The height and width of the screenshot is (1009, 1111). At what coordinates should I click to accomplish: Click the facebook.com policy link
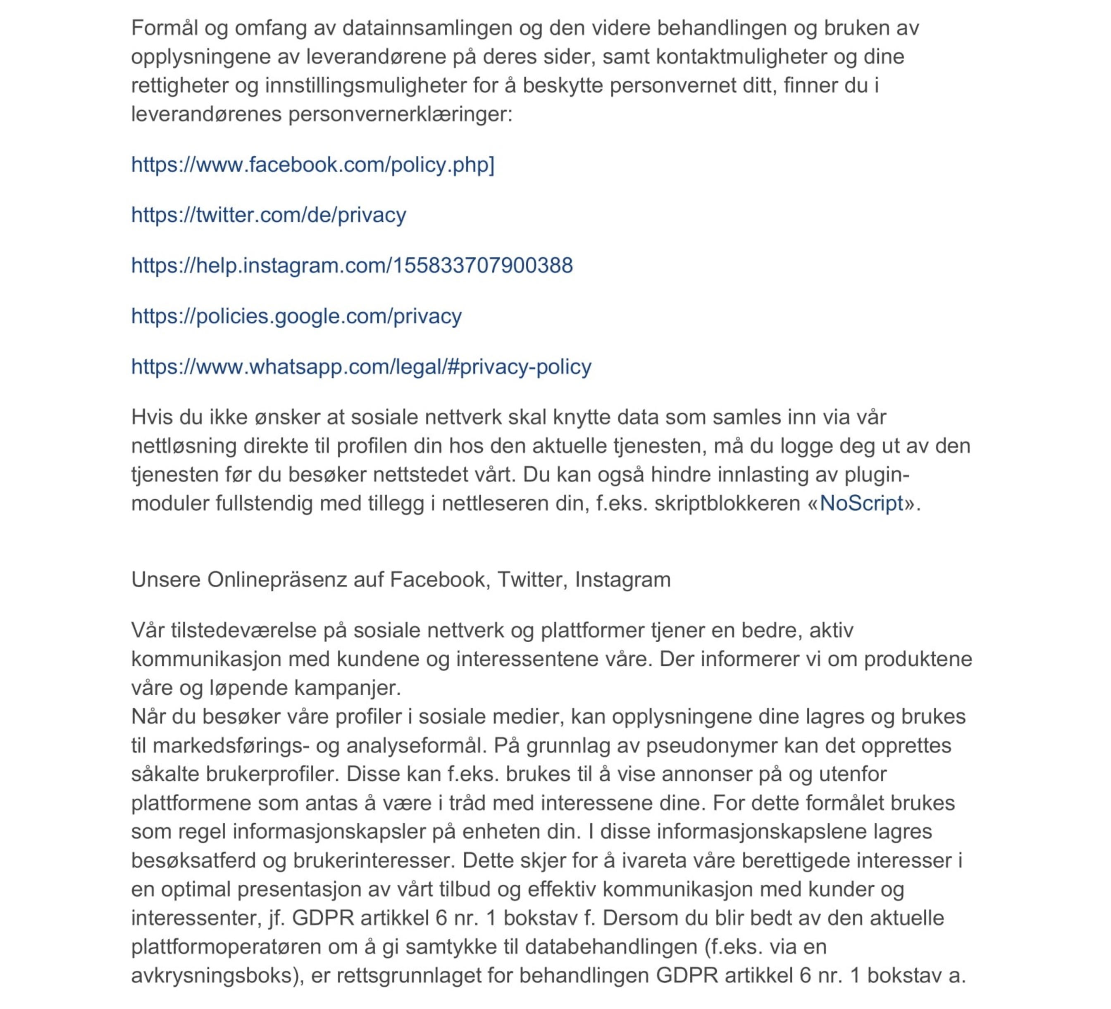click(x=312, y=165)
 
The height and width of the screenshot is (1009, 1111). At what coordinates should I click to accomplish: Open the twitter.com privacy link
click(x=268, y=215)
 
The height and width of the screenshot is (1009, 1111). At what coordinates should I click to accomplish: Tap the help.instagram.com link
click(x=352, y=266)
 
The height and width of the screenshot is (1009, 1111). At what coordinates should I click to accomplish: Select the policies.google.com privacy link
click(x=296, y=316)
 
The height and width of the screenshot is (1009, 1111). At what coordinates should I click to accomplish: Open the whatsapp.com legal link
click(x=361, y=367)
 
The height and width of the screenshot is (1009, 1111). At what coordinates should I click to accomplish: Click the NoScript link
click(x=861, y=503)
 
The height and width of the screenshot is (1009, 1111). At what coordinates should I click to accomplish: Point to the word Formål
click(x=164, y=28)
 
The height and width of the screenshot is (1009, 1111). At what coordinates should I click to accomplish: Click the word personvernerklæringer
click(x=400, y=114)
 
